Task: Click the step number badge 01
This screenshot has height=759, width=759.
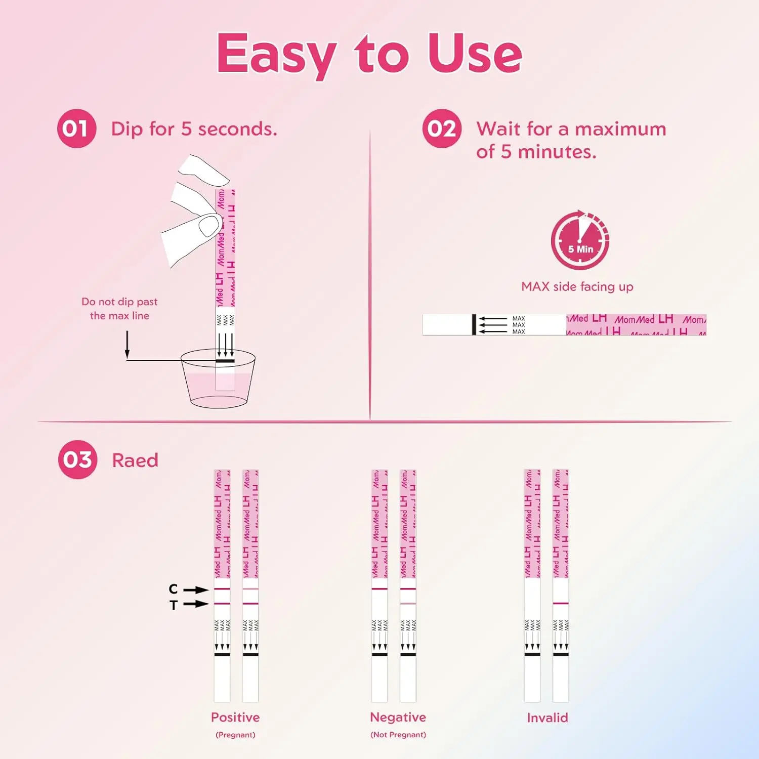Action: point(76,129)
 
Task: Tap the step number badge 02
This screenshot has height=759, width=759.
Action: point(442,129)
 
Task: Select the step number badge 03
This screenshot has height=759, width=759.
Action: point(77,459)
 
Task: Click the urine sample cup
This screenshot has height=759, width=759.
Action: point(218,379)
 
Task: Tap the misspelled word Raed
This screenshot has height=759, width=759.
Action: point(135,460)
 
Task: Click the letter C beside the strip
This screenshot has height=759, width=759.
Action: point(173,589)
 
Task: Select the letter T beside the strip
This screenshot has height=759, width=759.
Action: point(174,605)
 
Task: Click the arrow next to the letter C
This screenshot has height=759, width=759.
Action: point(196,590)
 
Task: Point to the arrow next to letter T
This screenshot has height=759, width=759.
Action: point(196,604)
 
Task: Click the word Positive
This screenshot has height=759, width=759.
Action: point(235,717)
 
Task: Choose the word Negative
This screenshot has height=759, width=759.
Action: point(398,717)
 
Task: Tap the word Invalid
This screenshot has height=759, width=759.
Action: point(547,718)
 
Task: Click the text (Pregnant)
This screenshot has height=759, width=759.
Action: point(235,735)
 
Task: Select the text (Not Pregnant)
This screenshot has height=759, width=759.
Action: point(398,735)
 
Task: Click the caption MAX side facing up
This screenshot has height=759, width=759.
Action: point(577,286)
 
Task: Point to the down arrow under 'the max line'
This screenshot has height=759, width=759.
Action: point(127,345)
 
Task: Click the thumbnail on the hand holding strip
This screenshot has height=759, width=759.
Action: point(209,226)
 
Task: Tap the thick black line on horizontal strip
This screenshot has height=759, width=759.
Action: point(474,324)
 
